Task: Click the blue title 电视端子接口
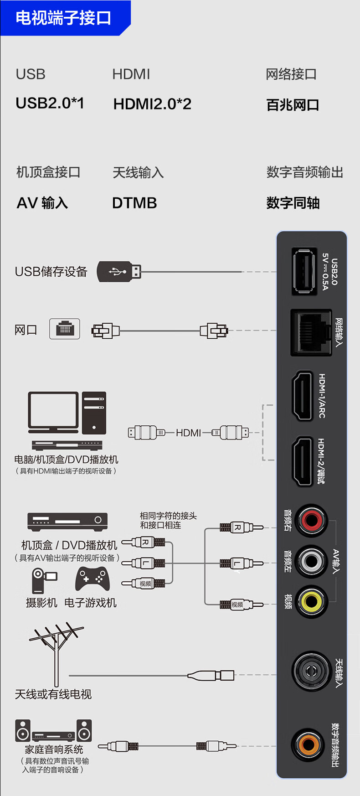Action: (x=63, y=18)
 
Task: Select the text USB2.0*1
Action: (x=50, y=103)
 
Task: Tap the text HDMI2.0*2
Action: (x=152, y=104)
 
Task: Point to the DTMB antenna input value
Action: (x=134, y=203)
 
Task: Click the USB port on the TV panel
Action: (x=304, y=271)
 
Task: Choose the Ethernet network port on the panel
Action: (x=311, y=332)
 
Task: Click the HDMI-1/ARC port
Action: (x=302, y=396)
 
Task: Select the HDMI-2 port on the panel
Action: (x=302, y=461)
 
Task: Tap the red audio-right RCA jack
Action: (x=311, y=520)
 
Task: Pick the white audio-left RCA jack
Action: (x=311, y=561)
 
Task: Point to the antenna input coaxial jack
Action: (x=312, y=671)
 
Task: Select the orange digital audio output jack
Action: (x=309, y=745)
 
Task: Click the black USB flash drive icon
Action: (x=119, y=272)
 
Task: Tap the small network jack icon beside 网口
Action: (x=65, y=329)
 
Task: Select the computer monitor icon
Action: (x=53, y=412)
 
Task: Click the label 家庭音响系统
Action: (x=54, y=749)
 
